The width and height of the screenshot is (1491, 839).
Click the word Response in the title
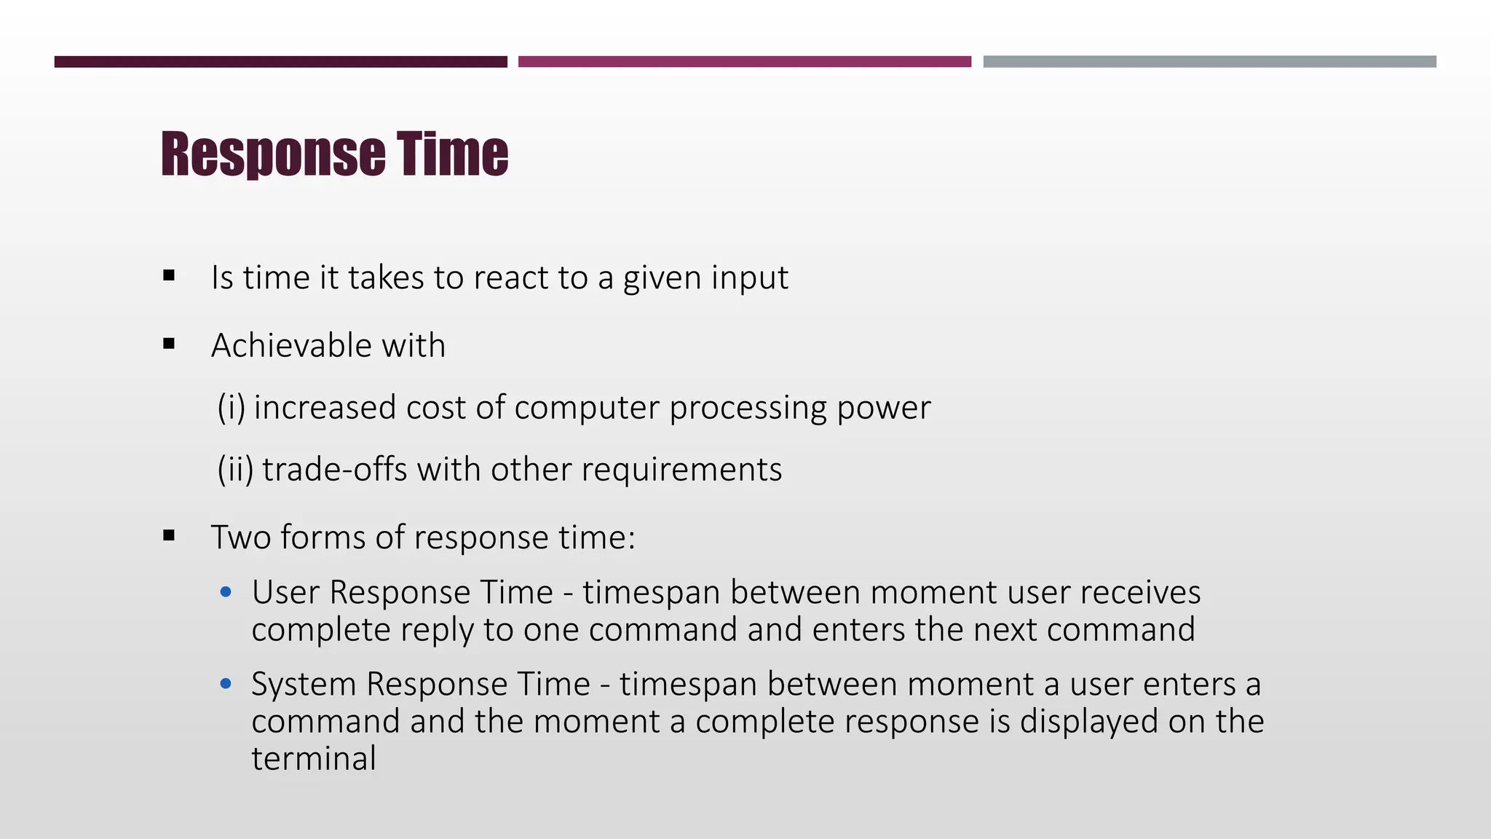pyautogui.click(x=273, y=154)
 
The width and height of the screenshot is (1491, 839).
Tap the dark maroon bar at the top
pyautogui.click(x=280, y=62)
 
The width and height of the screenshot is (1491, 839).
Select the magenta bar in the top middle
pyautogui.click(x=744, y=62)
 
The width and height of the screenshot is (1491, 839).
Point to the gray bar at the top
pyautogui.click(x=1209, y=62)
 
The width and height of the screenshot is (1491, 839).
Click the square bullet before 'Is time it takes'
pyautogui.click(x=170, y=276)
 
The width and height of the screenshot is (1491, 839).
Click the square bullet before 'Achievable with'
pyautogui.click(x=170, y=344)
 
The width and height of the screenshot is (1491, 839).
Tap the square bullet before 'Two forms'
pyautogui.click(x=170, y=536)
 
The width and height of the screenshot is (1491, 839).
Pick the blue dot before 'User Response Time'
pyautogui.click(x=226, y=592)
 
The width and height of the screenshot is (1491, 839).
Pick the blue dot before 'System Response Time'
pyautogui.click(x=226, y=684)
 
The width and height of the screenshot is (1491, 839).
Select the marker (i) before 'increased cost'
pyautogui.click(x=231, y=407)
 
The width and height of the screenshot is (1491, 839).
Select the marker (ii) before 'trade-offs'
pyautogui.click(x=235, y=469)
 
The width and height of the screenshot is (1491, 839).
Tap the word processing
pyautogui.click(x=748, y=408)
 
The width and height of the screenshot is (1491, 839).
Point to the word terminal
pyautogui.click(x=314, y=758)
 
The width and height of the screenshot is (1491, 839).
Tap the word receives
pyautogui.click(x=1140, y=592)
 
